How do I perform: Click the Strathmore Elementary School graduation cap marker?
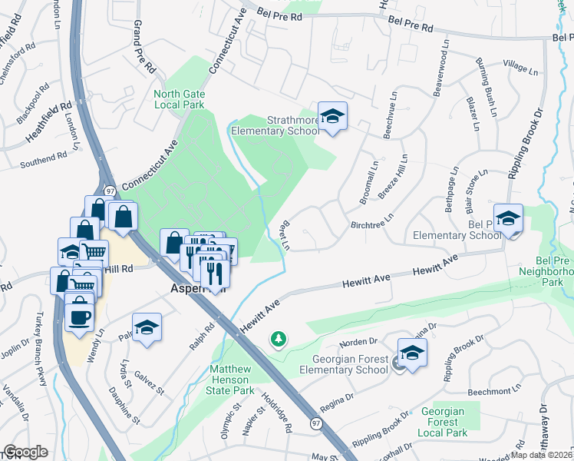pyautogui.click(x=332, y=117)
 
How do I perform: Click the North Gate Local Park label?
pyautogui.click(x=179, y=99)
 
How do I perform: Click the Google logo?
pyautogui.click(x=25, y=451)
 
